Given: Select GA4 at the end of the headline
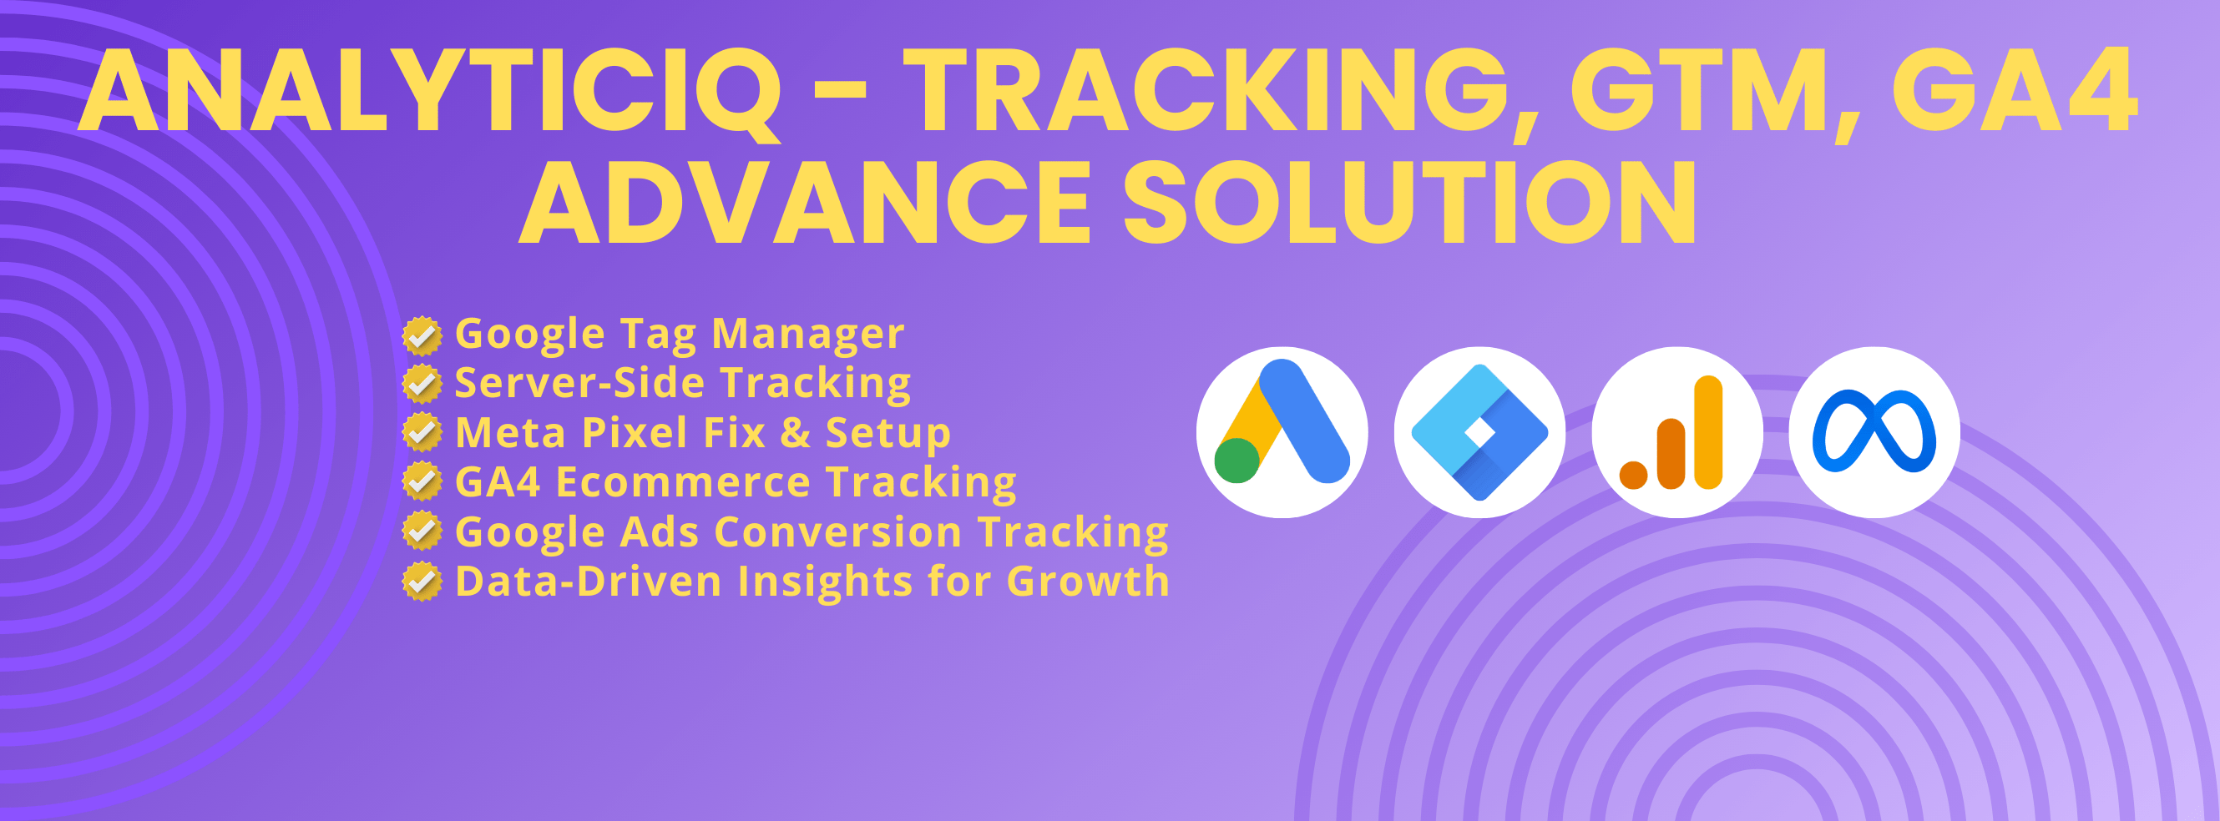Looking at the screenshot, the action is [2014, 91].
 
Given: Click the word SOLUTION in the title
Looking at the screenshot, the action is [1410, 203].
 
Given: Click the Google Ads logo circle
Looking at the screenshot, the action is [1282, 431].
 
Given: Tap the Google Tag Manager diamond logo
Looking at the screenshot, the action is [1479, 431].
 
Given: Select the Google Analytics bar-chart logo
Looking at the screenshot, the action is [1677, 431].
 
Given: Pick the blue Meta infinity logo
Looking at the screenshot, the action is [1874, 431].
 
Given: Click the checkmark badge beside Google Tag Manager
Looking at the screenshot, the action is [422, 336].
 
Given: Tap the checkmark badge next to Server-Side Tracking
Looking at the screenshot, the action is [422, 385].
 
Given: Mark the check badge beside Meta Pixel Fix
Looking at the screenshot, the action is [422, 432].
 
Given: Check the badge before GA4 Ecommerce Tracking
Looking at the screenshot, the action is [422, 481].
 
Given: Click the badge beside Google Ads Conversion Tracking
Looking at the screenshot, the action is [422, 531].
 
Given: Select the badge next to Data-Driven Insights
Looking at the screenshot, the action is [422, 581].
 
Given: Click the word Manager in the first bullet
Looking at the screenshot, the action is [808, 335].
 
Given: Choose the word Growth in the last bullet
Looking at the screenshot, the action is [1088, 581].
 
